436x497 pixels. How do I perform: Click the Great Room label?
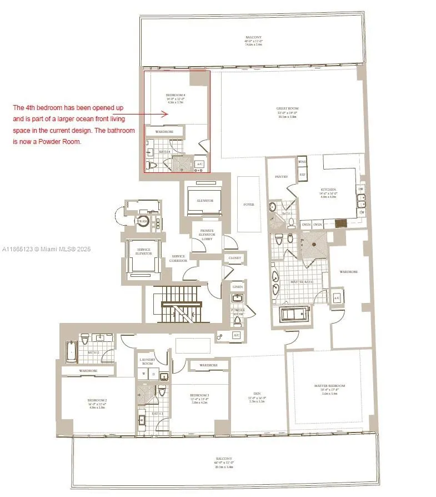pos(287,108)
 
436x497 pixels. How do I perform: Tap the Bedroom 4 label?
pos(175,96)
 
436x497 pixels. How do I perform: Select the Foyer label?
pos(248,205)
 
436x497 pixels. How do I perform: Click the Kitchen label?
pos(328,190)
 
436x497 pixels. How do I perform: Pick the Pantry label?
pos(281,177)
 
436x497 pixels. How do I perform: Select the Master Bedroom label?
pos(329,386)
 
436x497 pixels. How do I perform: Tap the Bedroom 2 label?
pos(96,400)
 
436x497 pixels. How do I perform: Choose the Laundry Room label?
pos(147,361)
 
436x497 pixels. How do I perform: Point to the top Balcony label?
pos(253,37)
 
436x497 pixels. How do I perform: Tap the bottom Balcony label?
pos(224,463)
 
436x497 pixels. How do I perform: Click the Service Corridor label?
pos(178,257)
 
